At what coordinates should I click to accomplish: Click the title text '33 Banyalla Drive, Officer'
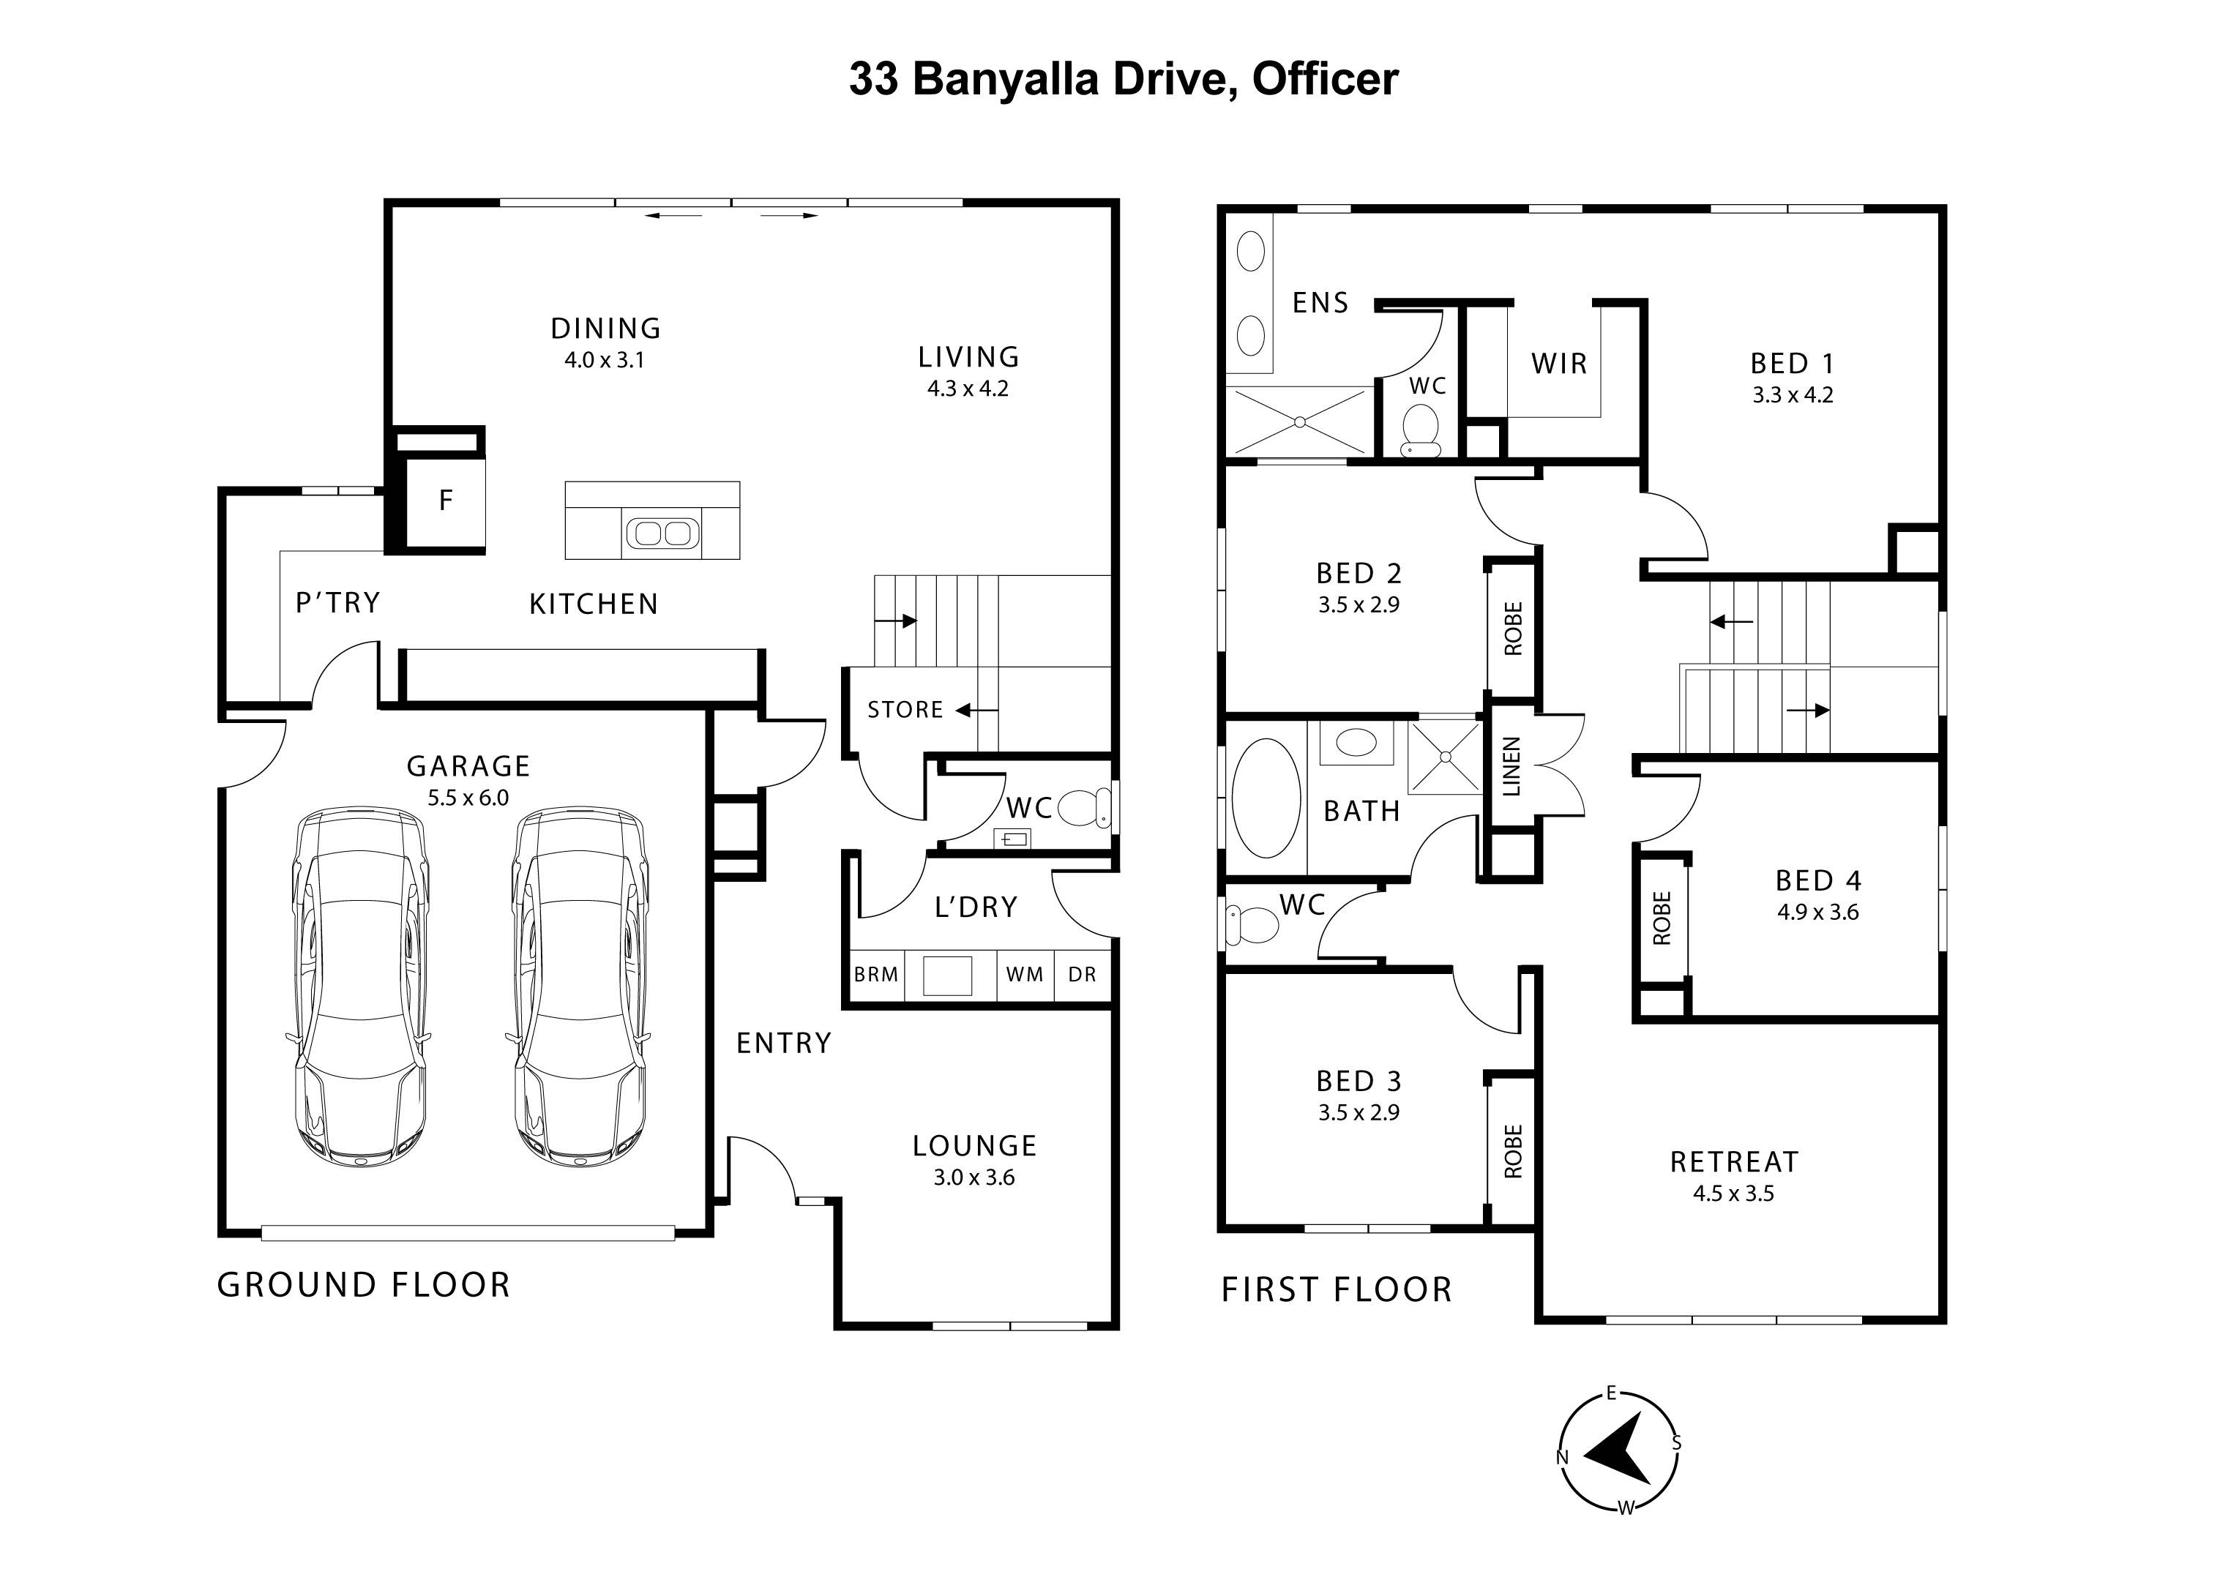1124,79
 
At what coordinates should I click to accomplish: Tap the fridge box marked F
445,501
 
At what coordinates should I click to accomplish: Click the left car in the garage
359,986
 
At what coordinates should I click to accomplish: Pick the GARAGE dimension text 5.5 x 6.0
468,798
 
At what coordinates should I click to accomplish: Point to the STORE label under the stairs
905,711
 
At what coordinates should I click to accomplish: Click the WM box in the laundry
1024,975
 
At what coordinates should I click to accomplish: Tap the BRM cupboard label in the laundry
875,975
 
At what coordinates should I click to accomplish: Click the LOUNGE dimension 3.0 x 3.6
974,1177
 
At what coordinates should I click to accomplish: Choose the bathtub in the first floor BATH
1265,798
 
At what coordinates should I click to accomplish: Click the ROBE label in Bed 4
1662,918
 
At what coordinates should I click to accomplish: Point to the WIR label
1558,364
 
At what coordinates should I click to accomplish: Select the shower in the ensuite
1299,421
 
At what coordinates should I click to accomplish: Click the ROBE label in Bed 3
1513,1151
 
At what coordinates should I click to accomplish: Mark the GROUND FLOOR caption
363,1286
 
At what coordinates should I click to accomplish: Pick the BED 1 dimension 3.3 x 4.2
1793,395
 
